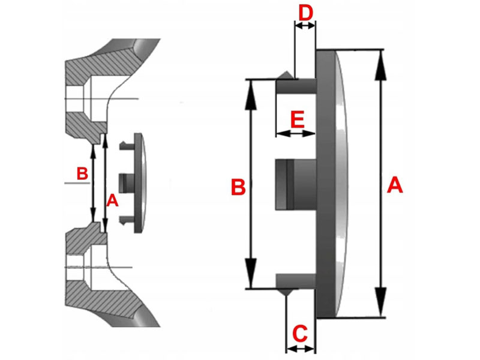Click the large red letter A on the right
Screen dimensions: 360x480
pyautogui.click(x=394, y=185)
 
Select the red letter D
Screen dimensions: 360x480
pyautogui.click(x=305, y=11)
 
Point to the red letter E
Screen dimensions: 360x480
pyautogui.click(x=296, y=118)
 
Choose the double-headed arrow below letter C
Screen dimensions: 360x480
pyautogui.click(x=301, y=347)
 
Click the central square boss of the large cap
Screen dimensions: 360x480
pyautogui.click(x=294, y=184)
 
